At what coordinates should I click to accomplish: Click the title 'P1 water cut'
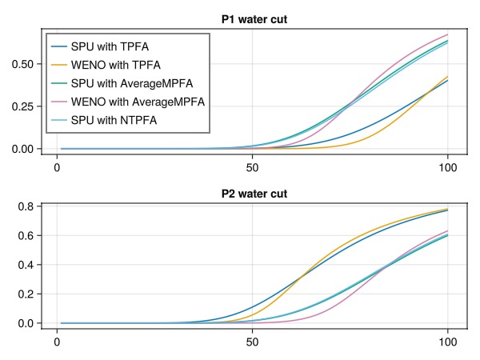coord(254,19)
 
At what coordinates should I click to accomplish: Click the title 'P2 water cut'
coord(254,194)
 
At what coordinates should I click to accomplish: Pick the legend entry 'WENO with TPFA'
coord(115,66)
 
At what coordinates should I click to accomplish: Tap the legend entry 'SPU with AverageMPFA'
coord(131,84)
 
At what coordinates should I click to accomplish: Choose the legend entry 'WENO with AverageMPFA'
coord(138,102)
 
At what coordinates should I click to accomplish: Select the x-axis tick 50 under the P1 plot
coord(253,166)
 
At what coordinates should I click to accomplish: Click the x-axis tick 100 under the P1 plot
coord(448,166)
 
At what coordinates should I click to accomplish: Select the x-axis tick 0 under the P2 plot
coord(57,342)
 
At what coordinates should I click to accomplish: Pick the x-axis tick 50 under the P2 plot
coord(253,342)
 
